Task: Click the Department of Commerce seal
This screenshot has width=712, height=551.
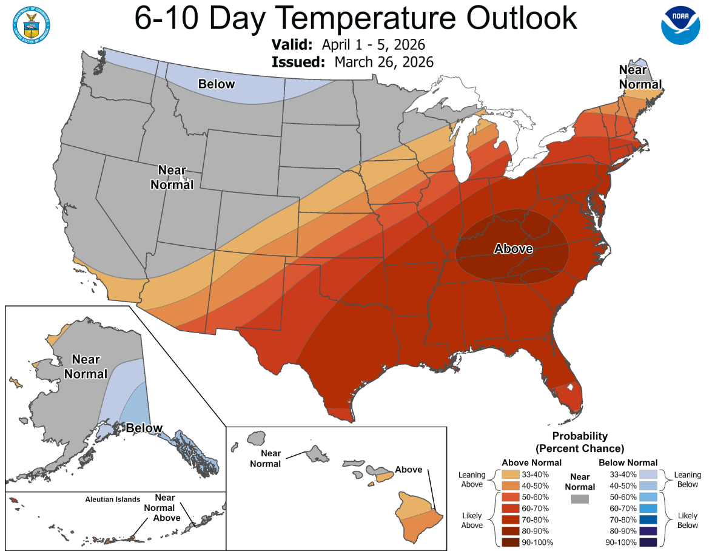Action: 30,24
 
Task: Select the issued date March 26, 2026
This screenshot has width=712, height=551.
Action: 383,62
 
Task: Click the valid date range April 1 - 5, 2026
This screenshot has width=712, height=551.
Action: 373,46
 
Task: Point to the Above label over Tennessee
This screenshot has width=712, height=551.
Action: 513,249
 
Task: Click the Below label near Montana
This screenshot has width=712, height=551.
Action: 217,84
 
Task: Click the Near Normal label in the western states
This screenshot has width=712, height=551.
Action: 172,177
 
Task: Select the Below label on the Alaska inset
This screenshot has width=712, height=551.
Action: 144,428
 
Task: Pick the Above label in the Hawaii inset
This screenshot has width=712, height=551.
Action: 409,470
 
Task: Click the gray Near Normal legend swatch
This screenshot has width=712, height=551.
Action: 580,499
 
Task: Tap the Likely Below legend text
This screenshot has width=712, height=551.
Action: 687,519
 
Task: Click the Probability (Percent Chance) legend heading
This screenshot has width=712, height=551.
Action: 580,442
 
